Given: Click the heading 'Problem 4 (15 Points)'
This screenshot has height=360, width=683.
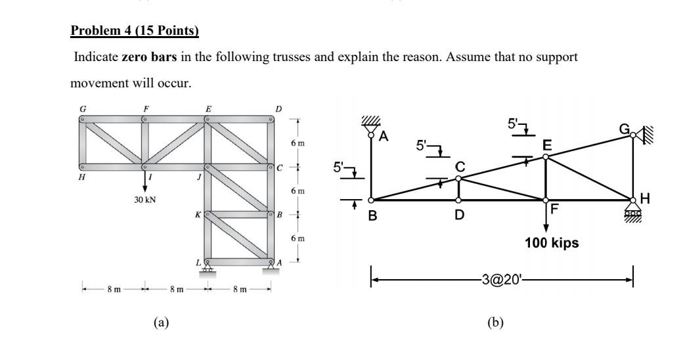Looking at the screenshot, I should [134, 31].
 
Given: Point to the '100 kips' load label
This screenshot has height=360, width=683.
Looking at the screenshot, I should [552, 243].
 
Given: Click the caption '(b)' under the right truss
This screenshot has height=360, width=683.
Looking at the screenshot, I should [495, 322].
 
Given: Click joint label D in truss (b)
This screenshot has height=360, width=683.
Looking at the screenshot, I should [458, 214].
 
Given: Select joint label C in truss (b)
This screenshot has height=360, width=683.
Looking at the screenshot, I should [459, 168].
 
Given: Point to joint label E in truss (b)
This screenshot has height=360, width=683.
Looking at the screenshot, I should [547, 145].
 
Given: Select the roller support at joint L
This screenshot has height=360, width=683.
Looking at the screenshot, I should [208, 268].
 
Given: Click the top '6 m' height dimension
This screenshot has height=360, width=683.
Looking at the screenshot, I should [297, 143].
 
